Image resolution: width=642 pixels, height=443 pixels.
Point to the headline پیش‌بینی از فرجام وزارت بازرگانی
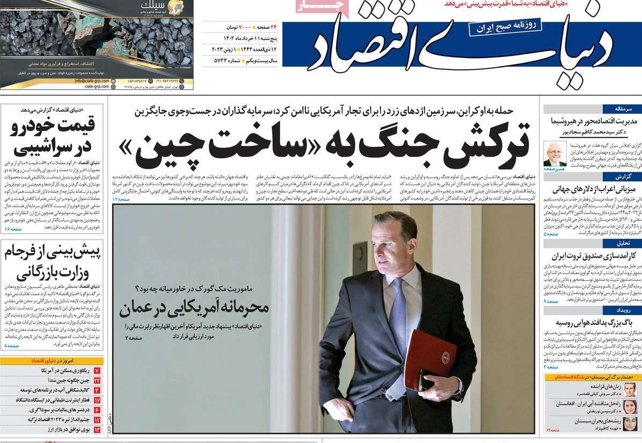point(53,263)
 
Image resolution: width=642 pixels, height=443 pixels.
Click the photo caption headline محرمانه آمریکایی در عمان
point(194,308)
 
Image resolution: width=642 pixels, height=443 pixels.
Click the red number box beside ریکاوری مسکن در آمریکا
point(97,371)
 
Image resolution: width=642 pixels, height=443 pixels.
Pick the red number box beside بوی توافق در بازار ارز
point(97,430)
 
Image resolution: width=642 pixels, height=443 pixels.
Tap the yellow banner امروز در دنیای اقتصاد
point(52,361)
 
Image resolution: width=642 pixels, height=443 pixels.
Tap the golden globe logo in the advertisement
point(175,8)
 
